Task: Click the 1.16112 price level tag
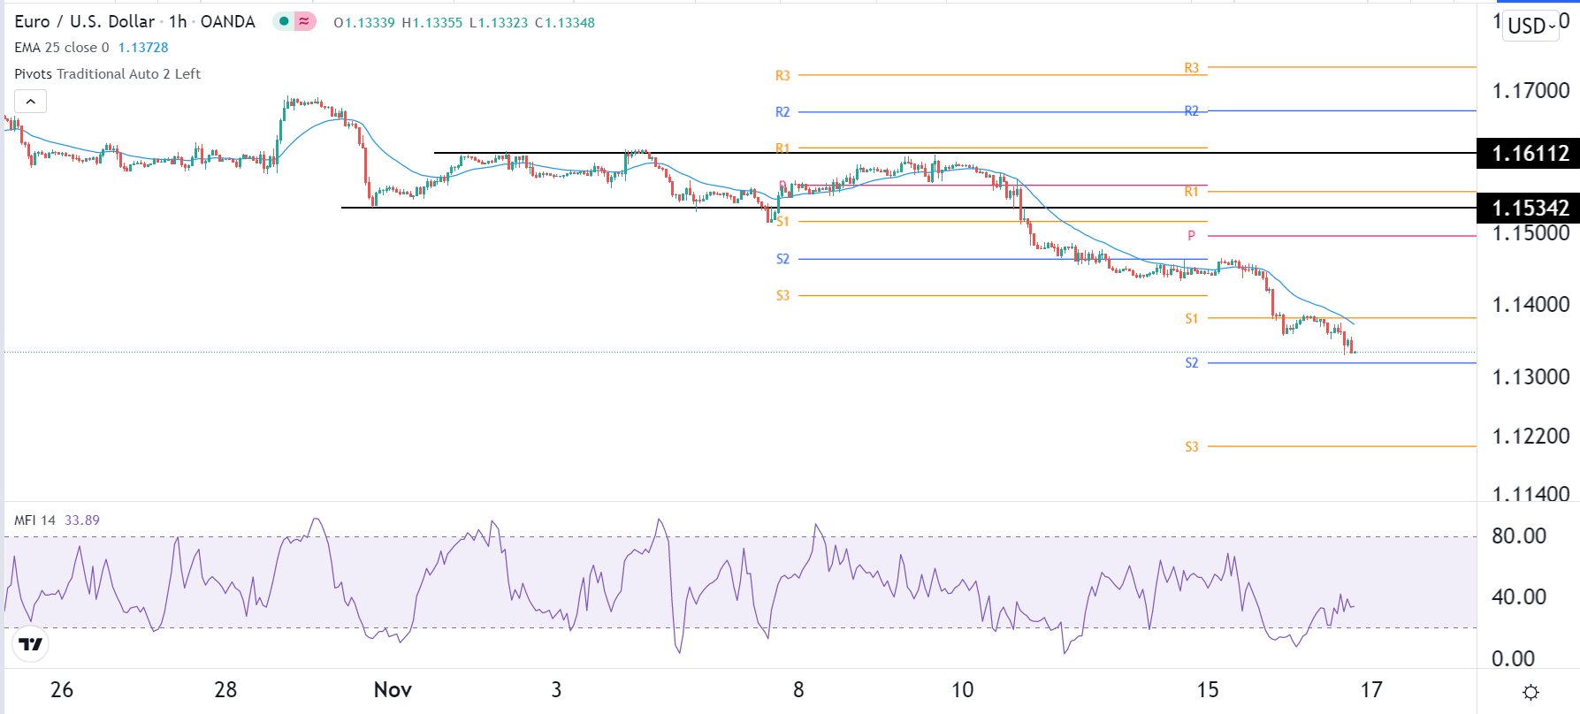coord(1529,154)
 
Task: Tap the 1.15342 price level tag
coord(1529,209)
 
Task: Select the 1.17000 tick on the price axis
coord(1530,91)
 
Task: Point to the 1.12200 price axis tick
coord(1530,437)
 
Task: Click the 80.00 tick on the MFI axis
coord(1519,536)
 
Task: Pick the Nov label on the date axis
coord(393,690)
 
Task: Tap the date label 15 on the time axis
coord(1208,690)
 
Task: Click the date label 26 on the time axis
coord(62,690)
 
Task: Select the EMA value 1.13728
coord(143,48)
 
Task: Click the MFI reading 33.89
coord(82,520)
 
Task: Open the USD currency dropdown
coord(1531,26)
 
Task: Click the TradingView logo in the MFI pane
coord(31,644)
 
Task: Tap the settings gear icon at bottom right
coord(1531,692)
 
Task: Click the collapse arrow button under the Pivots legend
coord(31,102)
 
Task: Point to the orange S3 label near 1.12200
coord(1192,447)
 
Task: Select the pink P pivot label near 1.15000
coord(1191,236)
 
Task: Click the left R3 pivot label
coord(782,76)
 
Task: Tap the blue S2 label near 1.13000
coord(1192,363)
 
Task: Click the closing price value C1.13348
coord(565,23)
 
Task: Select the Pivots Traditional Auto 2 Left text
coord(108,74)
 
